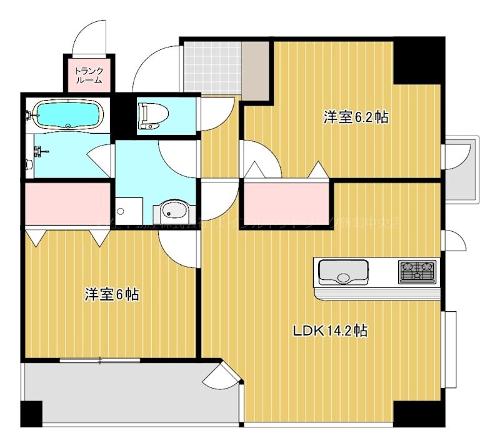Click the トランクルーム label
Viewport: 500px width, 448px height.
(x=89, y=75)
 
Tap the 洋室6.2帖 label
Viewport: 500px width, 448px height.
(x=356, y=117)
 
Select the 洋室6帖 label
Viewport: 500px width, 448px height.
(x=111, y=294)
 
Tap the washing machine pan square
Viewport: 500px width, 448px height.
(x=129, y=212)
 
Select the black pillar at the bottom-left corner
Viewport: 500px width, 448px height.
(x=31, y=413)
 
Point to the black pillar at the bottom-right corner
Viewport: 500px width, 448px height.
(x=417, y=412)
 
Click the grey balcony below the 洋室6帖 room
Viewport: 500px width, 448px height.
(x=125, y=394)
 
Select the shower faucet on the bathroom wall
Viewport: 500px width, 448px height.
(x=39, y=151)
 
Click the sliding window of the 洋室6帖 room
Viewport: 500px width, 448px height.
(x=100, y=359)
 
